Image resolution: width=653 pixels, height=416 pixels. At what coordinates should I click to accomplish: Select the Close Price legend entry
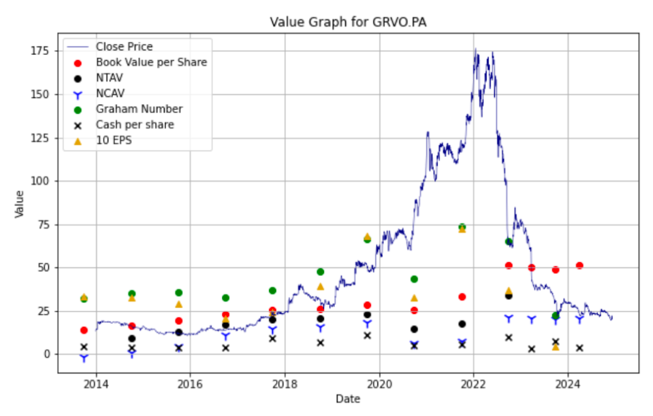(124, 46)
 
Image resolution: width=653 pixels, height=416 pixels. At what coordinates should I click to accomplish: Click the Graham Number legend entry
(139, 109)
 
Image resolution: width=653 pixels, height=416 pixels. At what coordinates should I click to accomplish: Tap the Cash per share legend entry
(135, 125)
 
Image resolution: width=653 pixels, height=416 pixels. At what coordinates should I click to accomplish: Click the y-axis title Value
(20, 203)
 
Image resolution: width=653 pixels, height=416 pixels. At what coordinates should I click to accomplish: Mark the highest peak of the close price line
(475, 49)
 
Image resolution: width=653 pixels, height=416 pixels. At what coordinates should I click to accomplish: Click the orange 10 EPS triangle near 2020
(367, 237)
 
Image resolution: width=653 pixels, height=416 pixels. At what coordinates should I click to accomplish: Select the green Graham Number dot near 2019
(320, 271)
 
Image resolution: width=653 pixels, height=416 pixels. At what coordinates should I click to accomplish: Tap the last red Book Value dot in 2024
(579, 266)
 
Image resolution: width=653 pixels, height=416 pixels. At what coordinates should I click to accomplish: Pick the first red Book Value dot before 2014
(84, 330)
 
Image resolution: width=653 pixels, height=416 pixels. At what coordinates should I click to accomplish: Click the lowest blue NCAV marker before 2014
(84, 358)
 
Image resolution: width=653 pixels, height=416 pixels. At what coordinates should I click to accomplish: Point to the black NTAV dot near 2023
(509, 296)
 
